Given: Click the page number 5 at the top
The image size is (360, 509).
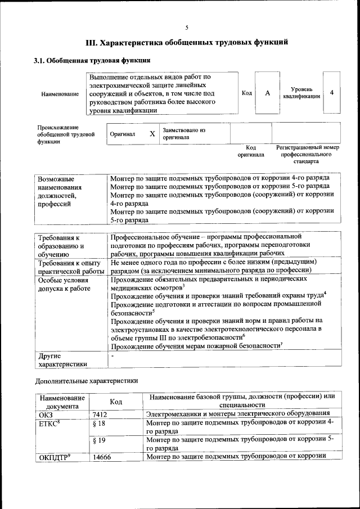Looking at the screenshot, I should pos(187,27).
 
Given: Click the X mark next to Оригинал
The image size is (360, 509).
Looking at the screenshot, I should pos(152,134).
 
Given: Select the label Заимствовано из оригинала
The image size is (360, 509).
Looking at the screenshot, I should pos(184,133).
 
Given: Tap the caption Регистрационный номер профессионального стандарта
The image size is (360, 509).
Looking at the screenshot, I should pos(307,154).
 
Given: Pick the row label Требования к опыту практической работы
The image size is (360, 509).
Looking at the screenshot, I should pos(70,267).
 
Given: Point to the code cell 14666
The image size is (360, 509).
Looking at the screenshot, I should pos(102,457).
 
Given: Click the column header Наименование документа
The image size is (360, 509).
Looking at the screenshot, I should pos(62,401).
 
